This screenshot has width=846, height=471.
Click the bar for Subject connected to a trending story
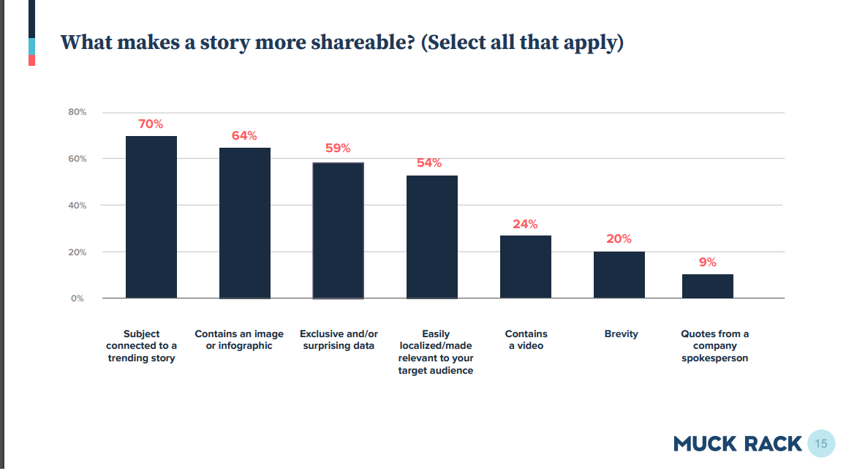(x=151, y=217)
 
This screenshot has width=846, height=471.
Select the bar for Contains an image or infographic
(x=245, y=223)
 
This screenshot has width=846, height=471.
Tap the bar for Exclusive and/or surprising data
(x=339, y=230)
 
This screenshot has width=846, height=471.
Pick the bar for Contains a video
(x=526, y=267)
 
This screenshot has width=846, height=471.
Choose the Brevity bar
(x=619, y=275)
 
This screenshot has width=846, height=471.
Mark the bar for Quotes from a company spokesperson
(x=708, y=286)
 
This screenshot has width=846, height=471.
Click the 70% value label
(x=151, y=124)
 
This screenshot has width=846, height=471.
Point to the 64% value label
(x=244, y=136)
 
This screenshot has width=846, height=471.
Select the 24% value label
(x=525, y=225)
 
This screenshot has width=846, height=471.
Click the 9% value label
(x=707, y=263)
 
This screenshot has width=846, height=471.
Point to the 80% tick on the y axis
(x=78, y=113)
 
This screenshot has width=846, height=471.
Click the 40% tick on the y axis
(x=78, y=206)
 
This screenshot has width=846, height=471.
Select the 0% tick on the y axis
(x=78, y=298)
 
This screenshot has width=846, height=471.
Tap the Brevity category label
(x=621, y=334)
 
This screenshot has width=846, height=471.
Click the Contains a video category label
(x=526, y=340)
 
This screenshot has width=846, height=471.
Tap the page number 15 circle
(x=821, y=443)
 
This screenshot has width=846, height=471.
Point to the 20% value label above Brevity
(x=619, y=239)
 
